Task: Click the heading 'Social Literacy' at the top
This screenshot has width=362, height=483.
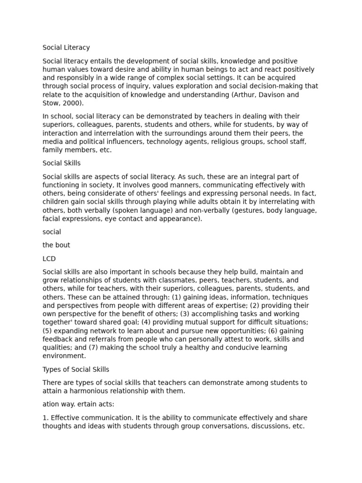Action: tap(66, 48)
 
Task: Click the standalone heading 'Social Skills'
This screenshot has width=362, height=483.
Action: tap(61, 163)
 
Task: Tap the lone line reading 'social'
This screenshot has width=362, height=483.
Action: tap(52, 232)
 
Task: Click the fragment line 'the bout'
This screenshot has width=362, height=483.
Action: tap(56, 245)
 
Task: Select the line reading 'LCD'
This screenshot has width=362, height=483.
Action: tap(49, 259)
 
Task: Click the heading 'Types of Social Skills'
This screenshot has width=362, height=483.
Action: tap(75, 369)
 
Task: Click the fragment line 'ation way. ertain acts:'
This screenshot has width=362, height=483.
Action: tap(78, 404)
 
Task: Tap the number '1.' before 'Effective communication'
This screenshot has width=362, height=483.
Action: tap(45, 418)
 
